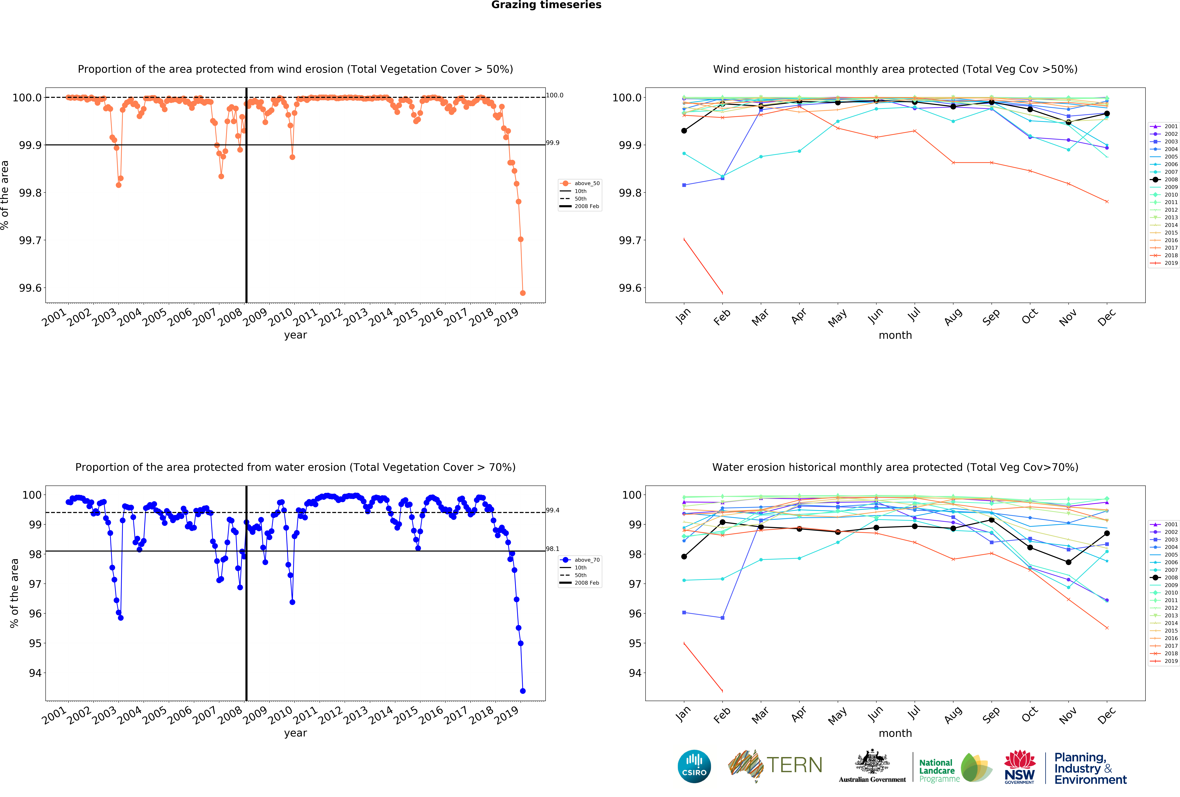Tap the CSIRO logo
[694, 766]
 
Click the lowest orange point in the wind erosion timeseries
[523, 293]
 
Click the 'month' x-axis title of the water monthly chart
[895, 733]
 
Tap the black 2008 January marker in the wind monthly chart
[684, 131]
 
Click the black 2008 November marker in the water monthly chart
[1068, 562]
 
